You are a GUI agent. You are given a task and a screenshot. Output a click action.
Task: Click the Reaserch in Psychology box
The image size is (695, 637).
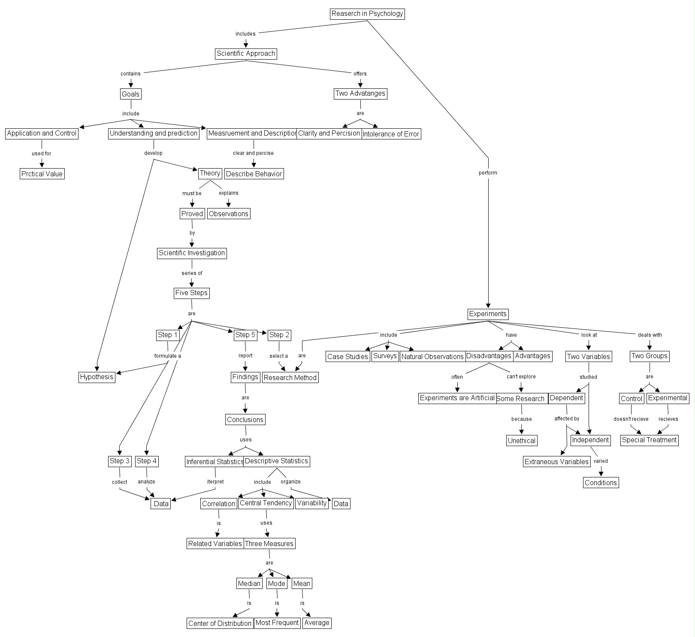pos(367,14)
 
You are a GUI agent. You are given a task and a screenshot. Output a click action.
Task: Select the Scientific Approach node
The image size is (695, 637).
pos(246,54)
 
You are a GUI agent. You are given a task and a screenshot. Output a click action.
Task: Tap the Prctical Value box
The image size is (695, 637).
pos(42,174)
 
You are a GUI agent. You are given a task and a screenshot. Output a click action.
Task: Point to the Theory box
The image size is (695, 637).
pos(210,173)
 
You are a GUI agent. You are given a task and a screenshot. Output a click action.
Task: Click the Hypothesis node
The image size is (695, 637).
pos(97,377)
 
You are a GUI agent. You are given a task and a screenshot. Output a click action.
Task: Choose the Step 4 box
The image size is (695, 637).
pos(147,461)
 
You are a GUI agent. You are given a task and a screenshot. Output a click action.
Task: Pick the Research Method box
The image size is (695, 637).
pos(290,377)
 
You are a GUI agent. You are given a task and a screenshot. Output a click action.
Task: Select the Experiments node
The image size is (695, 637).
pos(488,314)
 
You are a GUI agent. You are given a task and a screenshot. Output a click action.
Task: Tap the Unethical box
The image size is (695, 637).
pos(521,441)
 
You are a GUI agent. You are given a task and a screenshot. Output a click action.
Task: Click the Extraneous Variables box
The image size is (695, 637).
pos(556,462)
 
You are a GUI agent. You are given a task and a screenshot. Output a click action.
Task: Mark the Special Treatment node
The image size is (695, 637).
pos(649,440)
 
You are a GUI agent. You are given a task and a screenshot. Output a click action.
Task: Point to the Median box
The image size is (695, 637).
pos(249,583)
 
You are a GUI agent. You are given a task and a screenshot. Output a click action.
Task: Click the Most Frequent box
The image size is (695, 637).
pos(277,623)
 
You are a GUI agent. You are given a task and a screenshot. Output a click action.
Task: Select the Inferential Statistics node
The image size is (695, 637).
pos(215,462)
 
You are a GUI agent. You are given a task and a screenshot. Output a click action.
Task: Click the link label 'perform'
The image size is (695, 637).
pos(488,173)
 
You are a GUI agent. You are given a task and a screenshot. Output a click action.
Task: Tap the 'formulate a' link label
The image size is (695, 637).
pos(168,356)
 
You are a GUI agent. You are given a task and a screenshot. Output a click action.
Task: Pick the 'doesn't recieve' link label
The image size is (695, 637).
pos(631,419)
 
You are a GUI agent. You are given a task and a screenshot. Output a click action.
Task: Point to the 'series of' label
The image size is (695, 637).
pos(192,273)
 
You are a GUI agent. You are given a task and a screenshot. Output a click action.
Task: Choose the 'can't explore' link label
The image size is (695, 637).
pos(521,377)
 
